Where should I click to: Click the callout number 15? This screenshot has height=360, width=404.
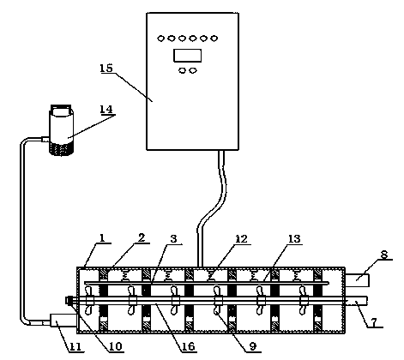click(x=106, y=68)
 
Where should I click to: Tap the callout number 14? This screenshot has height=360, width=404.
click(x=106, y=109)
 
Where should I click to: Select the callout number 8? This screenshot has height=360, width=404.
click(x=384, y=254)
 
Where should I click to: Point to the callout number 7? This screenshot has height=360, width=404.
click(x=374, y=321)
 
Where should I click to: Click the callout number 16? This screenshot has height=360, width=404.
click(x=189, y=346)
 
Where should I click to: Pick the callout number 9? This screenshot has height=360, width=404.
click(x=253, y=346)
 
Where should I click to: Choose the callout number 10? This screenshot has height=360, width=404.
click(x=116, y=346)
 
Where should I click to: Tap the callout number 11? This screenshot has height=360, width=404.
click(x=75, y=347)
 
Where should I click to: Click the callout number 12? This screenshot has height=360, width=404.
click(x=241, y=239)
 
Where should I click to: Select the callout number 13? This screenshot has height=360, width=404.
click(x=294, y=239)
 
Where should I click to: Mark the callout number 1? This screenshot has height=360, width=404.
click(x=101, y=238)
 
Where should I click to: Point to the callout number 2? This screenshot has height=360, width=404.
click(x=142, y=238)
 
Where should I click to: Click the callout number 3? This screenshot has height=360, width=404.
click(x=173, y=239)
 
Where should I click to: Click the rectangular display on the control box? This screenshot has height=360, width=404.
click(x=187, y=56)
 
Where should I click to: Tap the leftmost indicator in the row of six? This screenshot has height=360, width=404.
click(x=161, y=39)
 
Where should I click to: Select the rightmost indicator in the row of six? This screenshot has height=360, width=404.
click(x=214, y=39)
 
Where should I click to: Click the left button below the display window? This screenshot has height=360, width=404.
click(x=182, y=70)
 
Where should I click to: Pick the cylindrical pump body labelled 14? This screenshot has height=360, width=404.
click(x=62, y=130)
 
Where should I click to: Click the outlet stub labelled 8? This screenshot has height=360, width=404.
click(x=357, y=280)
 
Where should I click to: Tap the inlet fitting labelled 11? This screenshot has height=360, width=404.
click(x=63, y=320)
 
